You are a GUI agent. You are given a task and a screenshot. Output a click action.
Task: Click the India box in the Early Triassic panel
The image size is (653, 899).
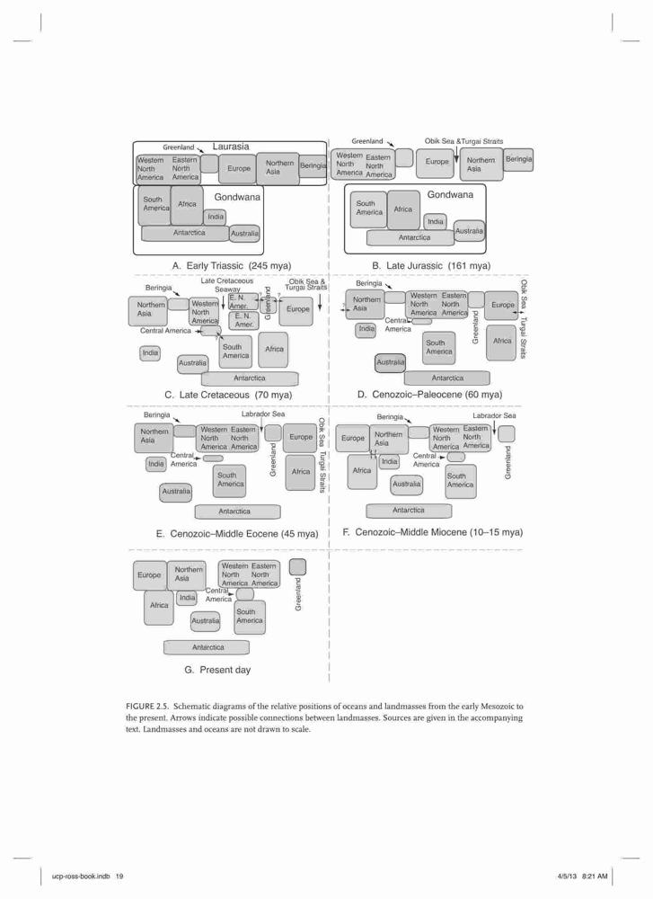tap(216, 217)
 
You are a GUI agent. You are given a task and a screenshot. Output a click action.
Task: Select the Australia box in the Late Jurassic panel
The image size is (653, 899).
tap(469, 230)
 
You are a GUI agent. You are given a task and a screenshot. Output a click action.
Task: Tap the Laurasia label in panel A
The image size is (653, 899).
tap(231, 147)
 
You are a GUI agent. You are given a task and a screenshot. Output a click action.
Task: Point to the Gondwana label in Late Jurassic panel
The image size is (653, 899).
tap(450, 194)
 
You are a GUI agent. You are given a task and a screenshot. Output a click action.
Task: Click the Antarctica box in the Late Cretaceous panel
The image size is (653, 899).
tap(250, 378)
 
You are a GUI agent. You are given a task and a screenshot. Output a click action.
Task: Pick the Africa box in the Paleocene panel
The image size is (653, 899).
tap(501, 343)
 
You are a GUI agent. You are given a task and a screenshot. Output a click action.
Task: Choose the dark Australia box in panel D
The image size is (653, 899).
tap(390, 363)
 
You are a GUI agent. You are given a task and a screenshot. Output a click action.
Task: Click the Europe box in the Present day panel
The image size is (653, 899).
tap(149, 575)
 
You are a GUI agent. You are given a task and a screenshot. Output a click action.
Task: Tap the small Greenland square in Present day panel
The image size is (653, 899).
tap(297, 567)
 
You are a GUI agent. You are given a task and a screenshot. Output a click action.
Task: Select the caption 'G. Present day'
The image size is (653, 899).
tap(217, 670)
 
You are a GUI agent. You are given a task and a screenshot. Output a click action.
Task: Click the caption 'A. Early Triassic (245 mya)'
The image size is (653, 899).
tap(232, 265)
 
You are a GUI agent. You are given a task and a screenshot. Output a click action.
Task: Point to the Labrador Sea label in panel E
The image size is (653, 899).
tap(263, 414)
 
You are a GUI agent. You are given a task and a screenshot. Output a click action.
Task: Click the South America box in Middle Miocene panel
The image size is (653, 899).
tap(461, 480)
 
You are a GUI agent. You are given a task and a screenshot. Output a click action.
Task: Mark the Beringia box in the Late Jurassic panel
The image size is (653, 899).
tap(518, 159)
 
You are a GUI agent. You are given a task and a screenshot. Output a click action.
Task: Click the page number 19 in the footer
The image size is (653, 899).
tap(119, 876)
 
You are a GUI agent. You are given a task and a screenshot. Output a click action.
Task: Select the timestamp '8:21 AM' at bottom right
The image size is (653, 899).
tap(595, 876)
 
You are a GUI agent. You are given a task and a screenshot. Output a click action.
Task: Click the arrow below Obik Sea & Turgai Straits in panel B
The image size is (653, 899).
tap(456, 153)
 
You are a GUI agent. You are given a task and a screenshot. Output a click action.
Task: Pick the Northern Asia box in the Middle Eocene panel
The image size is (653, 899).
tap(154, 438)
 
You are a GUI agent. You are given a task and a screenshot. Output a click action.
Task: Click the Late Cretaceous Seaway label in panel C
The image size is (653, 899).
tap(227, 285)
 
